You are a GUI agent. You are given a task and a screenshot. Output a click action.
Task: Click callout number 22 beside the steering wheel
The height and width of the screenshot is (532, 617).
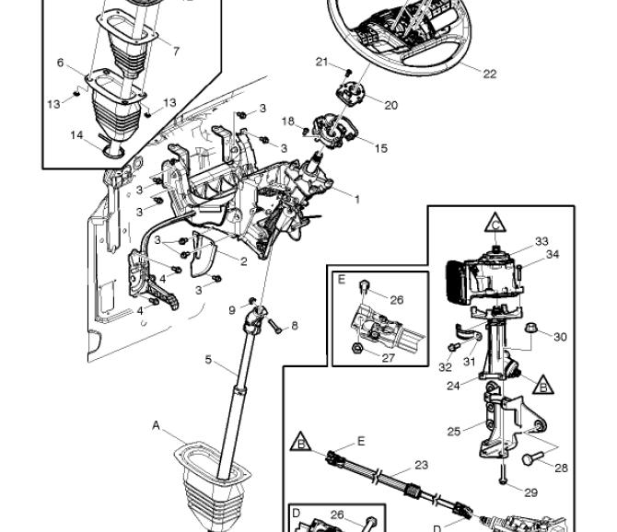(x=489, y=74)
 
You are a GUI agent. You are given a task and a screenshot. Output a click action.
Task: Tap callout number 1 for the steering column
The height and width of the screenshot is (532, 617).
(x=357, y=200)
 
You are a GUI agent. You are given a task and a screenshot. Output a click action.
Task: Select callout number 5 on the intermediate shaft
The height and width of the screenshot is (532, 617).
(x=208, y=359)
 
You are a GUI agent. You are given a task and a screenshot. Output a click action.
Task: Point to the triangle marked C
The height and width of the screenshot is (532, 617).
(x=495, y=224)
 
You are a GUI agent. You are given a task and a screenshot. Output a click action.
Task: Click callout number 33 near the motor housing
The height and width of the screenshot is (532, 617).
(x=541, y=241)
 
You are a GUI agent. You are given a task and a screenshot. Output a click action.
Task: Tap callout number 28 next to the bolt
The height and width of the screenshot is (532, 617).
(x=561, y=468)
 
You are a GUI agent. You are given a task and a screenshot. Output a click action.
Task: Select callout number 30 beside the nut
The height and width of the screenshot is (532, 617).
(x=560, y=337)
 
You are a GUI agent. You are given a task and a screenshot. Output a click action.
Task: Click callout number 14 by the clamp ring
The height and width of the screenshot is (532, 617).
(x=76, y=135)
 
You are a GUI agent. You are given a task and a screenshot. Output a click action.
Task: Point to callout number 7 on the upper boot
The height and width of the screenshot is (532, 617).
(x=176, y=52)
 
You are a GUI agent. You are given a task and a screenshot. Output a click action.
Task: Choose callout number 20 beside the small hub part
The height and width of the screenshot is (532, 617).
(x=390, y=105)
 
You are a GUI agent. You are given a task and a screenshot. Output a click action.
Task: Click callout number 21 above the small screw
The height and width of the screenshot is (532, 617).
(x=322, y=62)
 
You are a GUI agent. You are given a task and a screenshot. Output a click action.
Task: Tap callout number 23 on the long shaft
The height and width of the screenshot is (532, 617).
(x=421, y=465)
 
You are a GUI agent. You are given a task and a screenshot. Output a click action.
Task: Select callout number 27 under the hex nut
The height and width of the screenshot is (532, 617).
(x=388, y=358)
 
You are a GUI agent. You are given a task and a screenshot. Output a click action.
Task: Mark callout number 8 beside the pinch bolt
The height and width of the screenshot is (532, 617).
(x=295, y=326)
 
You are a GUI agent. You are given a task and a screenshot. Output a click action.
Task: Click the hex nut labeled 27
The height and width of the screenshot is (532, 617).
(x=356, y=348)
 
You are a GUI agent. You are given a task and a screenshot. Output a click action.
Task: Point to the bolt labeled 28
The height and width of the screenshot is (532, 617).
(x=532, y=458)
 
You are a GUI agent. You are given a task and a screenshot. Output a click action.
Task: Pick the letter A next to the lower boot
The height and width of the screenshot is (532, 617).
(x=157, y=425)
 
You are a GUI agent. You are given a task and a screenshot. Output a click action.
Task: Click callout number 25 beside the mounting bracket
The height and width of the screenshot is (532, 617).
(x=454, y=432)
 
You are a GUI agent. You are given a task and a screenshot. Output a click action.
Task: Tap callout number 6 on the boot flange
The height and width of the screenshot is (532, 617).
(x=60, y=63)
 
